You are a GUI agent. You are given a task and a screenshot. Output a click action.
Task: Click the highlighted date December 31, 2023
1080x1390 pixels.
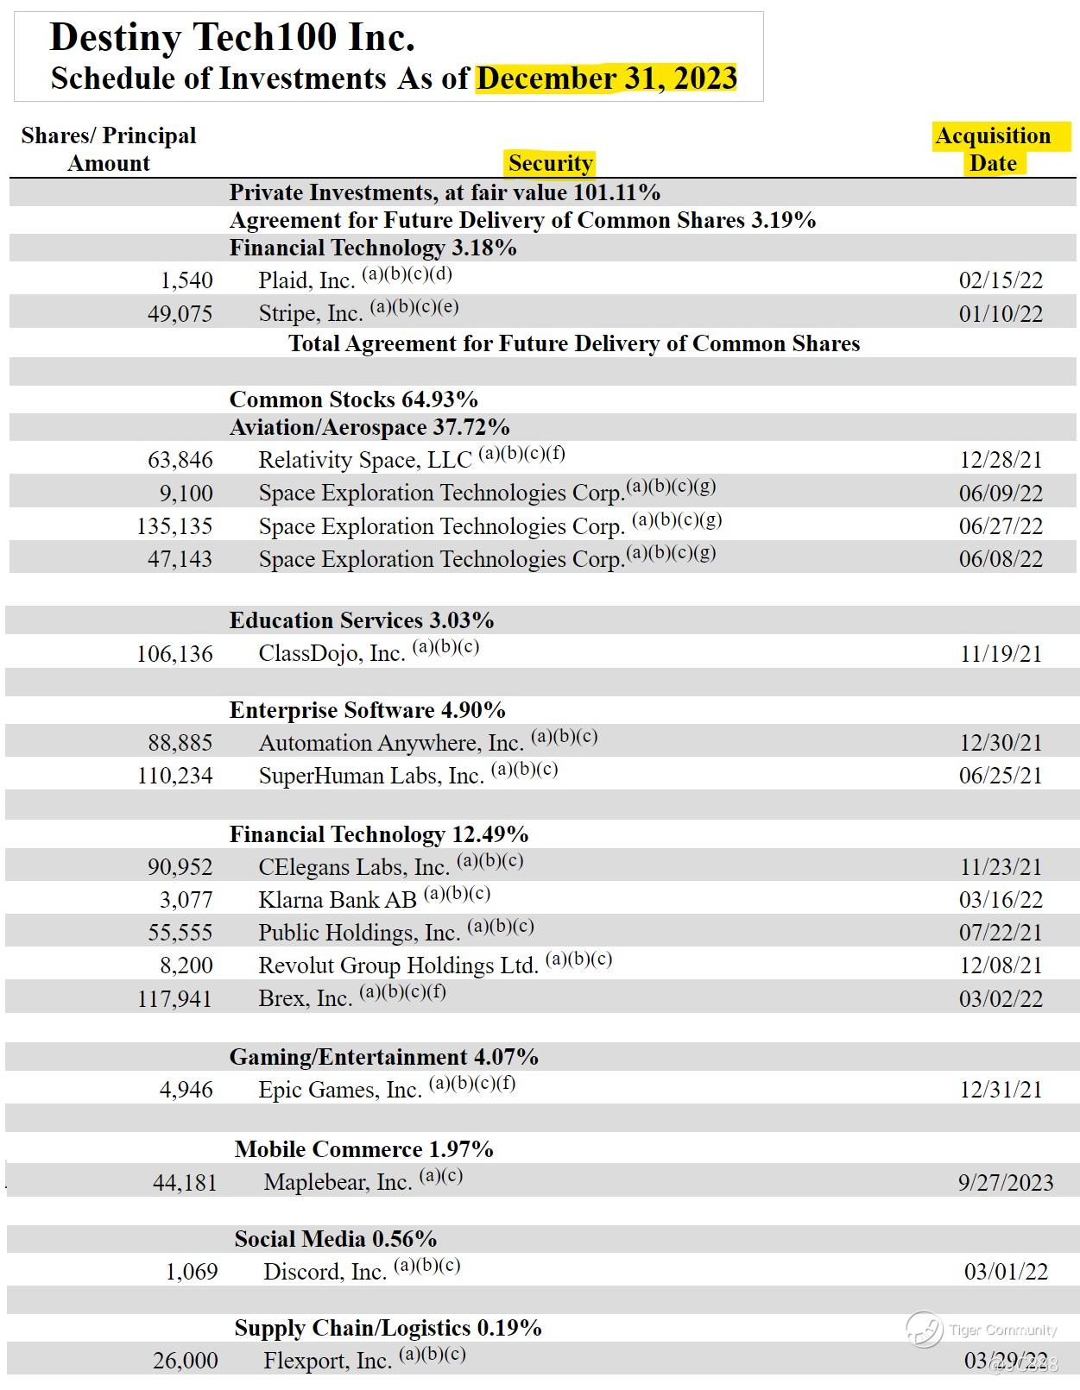(606, 79)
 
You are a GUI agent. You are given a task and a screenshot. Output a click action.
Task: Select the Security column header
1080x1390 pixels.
(550, 163)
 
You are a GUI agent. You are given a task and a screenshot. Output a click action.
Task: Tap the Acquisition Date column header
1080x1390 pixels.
(994, 149)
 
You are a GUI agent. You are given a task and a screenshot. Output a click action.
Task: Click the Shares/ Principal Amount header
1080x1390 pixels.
(109, 149)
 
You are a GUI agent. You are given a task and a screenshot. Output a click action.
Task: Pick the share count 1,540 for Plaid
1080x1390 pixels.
(186, 280)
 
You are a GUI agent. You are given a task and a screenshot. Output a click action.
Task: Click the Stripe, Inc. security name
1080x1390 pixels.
(310, 313)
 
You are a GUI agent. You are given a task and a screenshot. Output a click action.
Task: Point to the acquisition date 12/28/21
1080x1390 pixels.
(1001, 460)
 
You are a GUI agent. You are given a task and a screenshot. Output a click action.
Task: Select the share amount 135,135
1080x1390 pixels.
(174, 526)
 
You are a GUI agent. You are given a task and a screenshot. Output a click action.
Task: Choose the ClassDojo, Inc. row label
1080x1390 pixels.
(332, 654)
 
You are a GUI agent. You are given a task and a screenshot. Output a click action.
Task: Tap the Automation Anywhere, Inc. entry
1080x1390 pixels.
(391, 743)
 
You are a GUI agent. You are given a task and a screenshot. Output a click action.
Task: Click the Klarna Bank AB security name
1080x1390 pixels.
(338, 900)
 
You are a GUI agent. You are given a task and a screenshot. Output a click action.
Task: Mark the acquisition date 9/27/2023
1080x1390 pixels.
(1005, 1183)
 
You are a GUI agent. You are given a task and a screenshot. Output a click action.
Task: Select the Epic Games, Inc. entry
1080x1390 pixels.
(339, 1090)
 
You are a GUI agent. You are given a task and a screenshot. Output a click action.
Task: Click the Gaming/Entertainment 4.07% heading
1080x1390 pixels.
(383, 1057)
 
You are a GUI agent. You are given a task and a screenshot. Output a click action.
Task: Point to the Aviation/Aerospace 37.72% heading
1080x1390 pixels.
(369, 427)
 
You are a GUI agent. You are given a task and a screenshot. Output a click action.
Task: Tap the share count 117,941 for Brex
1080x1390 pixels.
(174, 999)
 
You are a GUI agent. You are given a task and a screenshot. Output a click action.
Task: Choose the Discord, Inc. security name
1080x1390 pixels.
(325, 1272)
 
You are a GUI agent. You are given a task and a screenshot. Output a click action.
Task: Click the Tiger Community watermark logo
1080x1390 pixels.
(924, 1329)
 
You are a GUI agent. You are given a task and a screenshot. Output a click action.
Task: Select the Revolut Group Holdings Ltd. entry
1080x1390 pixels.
(398, 965)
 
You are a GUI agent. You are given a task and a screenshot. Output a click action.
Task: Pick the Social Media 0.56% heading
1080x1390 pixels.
(335, 1239)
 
